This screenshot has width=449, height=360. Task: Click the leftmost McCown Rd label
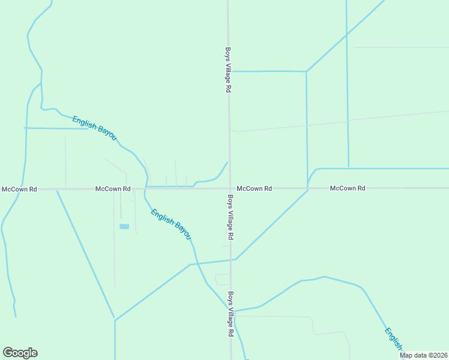[x=19, y=189]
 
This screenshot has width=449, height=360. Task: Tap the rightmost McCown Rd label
[x=348, y=188]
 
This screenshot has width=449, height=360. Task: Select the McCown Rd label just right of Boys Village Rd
[x=254, y=188]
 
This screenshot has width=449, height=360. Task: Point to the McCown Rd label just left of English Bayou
[x=113, y=189]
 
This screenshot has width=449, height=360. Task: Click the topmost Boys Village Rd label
[x=228, y=70]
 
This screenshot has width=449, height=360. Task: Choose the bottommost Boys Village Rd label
[x=230, y=314]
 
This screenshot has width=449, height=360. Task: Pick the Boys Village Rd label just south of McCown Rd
[x=230, y=217]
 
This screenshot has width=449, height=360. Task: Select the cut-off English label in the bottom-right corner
[x=394, y=340]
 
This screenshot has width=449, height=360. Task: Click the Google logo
[x=20, y=353]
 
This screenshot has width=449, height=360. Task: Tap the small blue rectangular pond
[x=124, y=226]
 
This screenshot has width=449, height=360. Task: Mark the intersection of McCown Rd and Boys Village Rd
[x=229, y=188]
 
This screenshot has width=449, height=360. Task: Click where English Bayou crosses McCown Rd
[x=146, y=188]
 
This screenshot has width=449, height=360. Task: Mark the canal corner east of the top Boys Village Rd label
[x=306, y=72]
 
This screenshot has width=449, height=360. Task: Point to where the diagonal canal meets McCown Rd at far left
[x=56, y=190]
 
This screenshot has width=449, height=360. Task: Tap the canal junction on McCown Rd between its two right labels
[x=308, y=189]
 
